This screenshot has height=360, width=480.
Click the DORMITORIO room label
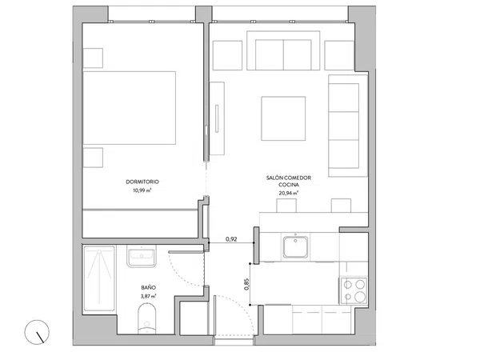point(142,182)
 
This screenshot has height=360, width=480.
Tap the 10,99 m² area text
point(142,190)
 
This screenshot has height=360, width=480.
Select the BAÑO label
point(149,288)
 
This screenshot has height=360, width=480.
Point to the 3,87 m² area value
point(149,296)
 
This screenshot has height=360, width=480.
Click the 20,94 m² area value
point(288,193)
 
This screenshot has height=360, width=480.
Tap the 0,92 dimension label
point(231,239)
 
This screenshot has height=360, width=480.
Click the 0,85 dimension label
point(246,284)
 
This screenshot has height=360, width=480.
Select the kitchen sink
point(295,246)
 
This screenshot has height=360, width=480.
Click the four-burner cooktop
point(354,291)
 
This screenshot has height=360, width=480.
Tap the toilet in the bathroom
point(147,318)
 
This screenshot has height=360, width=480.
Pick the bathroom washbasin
point(142,257)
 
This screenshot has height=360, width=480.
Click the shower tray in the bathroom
point(99,278)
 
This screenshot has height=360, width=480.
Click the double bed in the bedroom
point(129,108)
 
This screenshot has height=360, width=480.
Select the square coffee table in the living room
point(283,118)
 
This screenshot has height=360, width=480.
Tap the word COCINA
point(289,185)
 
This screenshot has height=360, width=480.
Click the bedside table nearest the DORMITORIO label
point(93,158)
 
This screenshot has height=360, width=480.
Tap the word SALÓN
point(274,178)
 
